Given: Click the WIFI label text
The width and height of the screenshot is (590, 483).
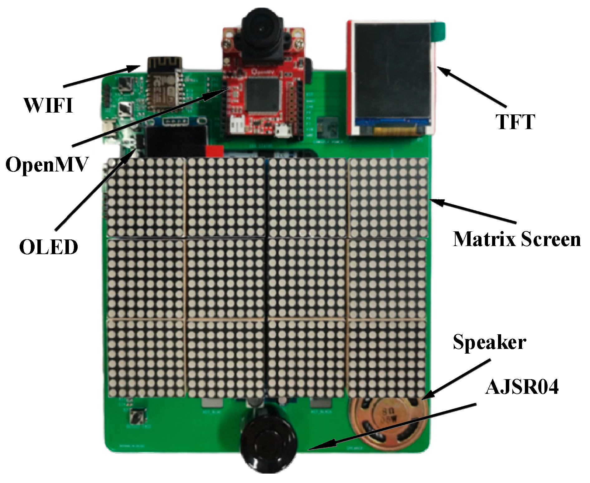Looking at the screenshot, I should (49, 106).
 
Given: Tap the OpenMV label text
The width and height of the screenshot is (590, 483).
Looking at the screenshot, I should (47, 164).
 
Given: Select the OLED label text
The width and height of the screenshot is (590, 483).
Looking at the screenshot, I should (49, 247).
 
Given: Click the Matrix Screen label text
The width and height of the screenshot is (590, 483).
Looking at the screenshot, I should (517, 239).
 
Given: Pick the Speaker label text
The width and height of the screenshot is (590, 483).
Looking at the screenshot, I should (490, 342).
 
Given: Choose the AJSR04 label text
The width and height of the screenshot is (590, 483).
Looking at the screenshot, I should (522, 388).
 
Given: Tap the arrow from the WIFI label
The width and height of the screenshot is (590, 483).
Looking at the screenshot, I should (102, 76).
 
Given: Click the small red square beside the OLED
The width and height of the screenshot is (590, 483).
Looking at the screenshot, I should (214, 151).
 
